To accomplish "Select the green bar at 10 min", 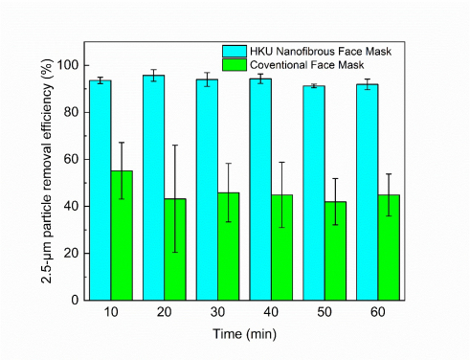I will (x=122, y=236).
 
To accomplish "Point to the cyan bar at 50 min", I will (x=314, y=192).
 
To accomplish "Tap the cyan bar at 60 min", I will (x=368, y=191).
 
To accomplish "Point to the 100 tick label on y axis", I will (x=65, y=65).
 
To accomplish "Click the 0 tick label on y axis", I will (x=72, y=300).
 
